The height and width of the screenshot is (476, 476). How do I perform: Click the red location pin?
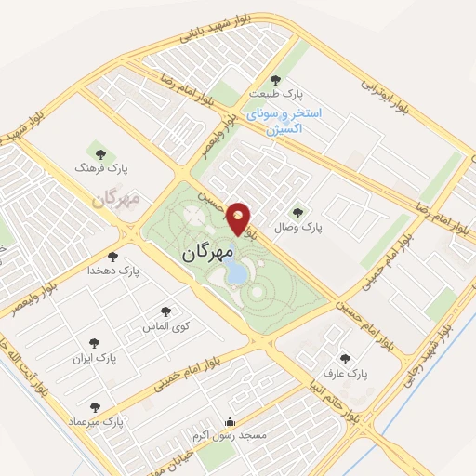click(240, 218)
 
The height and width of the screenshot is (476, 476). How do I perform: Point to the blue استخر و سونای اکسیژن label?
click(284, 120)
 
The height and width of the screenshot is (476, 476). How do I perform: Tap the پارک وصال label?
click(297, 226)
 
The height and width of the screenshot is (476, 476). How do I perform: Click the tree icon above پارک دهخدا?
click(112, 256)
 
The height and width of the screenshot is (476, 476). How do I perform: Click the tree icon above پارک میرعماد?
click(95, 407)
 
